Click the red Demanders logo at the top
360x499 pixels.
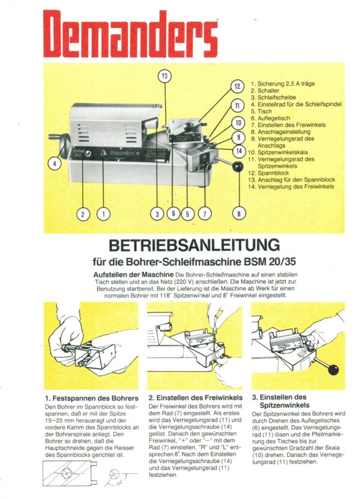131,34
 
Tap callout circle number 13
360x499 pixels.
164,76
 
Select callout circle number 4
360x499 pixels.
55,162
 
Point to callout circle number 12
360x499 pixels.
237,86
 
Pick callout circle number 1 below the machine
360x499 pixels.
103,212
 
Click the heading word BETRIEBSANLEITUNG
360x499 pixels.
195,245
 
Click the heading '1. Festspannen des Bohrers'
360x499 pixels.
91,398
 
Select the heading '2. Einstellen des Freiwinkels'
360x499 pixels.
195,397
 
